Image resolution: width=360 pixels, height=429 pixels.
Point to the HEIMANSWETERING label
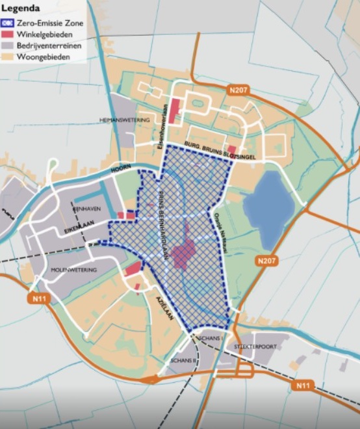(125, 120)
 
